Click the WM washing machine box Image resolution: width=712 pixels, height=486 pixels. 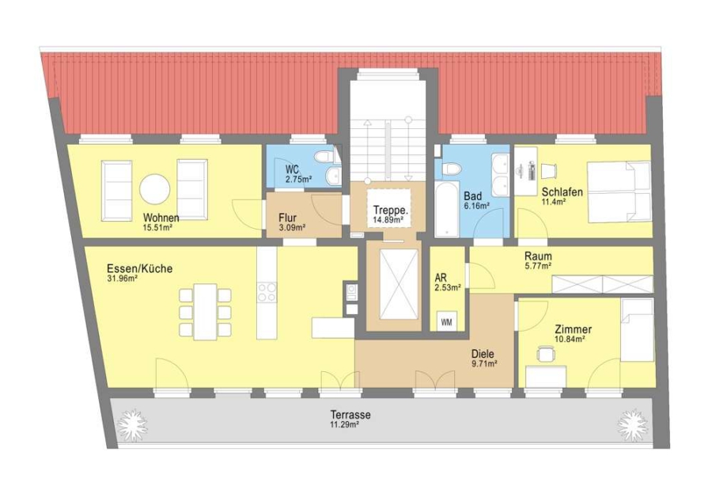click(446, 321)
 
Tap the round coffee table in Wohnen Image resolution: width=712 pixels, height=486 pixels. click(155, 189)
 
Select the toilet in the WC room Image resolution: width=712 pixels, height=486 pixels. click(327, 157)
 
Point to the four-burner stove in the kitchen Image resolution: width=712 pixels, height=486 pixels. click(267, 292)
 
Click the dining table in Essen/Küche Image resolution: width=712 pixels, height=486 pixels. click(205, 312)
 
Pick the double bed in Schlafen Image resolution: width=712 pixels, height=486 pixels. click(619, 192)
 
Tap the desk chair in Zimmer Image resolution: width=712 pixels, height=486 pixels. click(546, 355)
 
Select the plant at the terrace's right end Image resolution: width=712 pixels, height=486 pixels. click(631, 425)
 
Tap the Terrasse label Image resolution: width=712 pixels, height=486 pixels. click(350, 415)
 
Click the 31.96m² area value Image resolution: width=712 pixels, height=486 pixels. click(123, 279)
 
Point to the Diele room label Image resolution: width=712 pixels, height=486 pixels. click(483, 354)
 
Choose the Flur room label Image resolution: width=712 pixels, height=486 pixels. click(287, 218)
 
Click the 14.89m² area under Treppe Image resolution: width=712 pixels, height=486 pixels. click(388, 220)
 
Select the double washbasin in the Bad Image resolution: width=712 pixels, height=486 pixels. click(502, 175)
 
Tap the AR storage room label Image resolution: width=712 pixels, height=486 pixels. click(441, 278)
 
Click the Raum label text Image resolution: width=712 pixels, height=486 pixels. click(538, 256)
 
